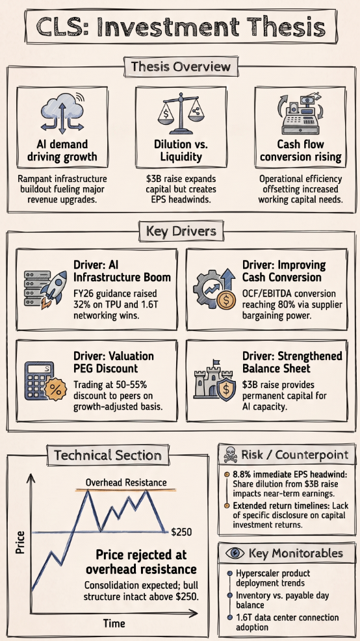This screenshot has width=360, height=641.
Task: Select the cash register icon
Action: click(300, 114)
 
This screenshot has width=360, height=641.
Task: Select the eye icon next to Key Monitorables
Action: click(235, 553)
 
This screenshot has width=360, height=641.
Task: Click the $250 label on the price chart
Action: click(181, 532)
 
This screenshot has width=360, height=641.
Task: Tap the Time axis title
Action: click(114, 624)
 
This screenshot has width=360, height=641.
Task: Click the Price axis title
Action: click(20, 542)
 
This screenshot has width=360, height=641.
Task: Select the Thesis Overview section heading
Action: click(181, 66)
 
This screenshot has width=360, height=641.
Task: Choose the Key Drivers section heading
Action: click(181, 232)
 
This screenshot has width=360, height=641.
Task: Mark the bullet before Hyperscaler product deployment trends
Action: click(229, 573)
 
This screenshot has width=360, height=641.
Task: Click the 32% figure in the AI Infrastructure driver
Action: click(83, 304)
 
